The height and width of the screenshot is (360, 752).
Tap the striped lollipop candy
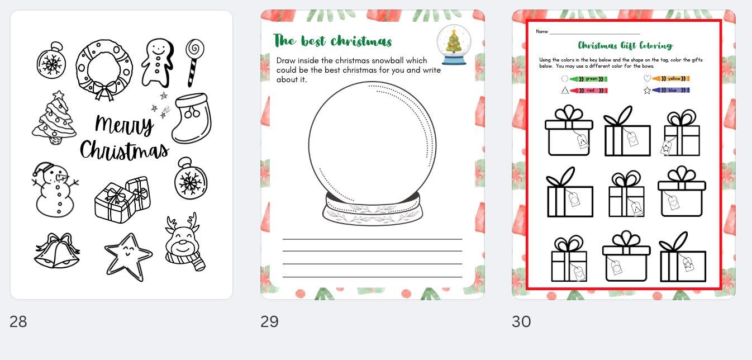194,61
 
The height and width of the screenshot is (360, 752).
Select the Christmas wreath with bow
104,69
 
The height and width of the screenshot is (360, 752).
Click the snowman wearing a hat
55,190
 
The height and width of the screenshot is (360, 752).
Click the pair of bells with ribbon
56,252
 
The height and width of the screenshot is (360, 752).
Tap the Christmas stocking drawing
192,119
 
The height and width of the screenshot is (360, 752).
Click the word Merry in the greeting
124,125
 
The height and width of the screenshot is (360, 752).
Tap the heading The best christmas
332,41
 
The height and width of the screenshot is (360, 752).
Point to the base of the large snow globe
372,210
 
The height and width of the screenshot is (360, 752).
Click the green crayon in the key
588,79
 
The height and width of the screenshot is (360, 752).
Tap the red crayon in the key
588,90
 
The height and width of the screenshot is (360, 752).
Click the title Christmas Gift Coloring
625,45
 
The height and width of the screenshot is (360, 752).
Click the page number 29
269,322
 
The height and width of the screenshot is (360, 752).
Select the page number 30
521,322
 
